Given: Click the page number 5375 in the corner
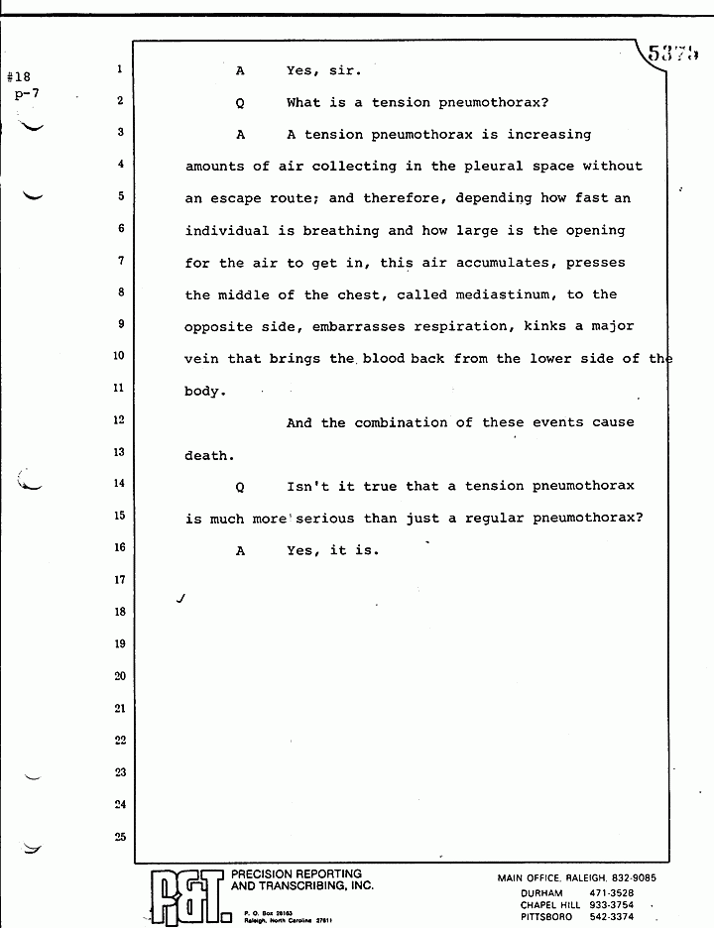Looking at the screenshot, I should click(x=673, y=53).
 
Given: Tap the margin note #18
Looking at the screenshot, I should click(x=19, y=75).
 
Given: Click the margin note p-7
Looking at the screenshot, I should click(x=26, y=93).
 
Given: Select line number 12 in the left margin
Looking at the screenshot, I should click(x=119, y=420).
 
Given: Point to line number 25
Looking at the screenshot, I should click(x=119, y=836).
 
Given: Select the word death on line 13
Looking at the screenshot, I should click(x=207, y=456).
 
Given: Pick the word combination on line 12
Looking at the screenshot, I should click(x=398, y=422).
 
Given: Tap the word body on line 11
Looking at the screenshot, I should click(x=204, y=392).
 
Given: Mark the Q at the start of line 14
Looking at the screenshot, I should click(x=240, y=487).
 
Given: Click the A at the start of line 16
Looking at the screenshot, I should click(x=240, y=550).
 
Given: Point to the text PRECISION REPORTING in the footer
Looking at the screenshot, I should click(x=297, y=873).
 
